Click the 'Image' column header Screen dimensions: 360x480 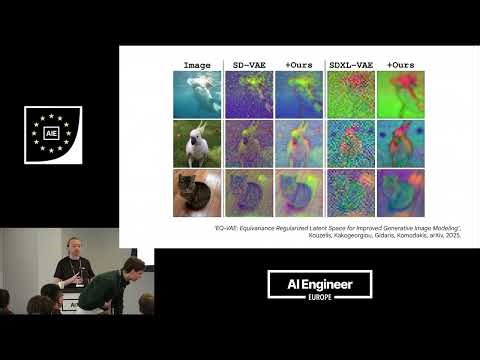(196, 65)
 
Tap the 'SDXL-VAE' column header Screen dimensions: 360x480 (349, 65)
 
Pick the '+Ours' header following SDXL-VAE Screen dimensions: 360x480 (400, 65)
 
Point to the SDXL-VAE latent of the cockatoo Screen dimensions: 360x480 (349, 143)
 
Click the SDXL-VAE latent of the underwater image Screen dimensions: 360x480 (349, 94)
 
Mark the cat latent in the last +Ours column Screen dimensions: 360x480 (400, 193)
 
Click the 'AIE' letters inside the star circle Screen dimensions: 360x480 (52, 133)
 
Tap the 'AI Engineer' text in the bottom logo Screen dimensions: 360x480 (319, 284)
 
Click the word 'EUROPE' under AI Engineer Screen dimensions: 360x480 (319, 298)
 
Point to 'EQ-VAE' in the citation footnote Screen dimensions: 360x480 (230, 227)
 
